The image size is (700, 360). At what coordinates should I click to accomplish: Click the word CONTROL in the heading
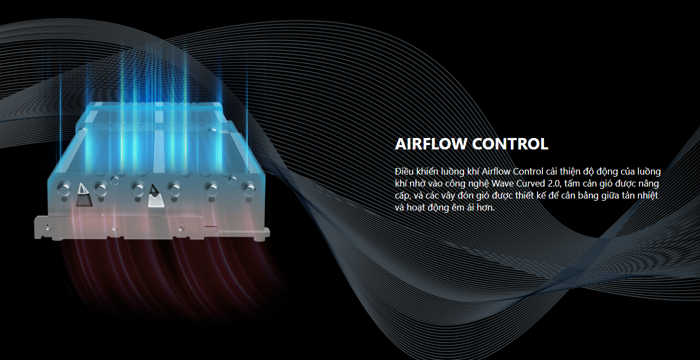coord(510,144)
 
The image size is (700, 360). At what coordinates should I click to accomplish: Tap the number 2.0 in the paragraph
coord(553,183)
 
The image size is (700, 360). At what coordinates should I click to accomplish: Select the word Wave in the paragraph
coord(503,183)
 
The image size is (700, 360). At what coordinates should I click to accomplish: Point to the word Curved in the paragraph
coord(530,183)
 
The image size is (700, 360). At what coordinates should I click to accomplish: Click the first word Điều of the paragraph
coord(405,171)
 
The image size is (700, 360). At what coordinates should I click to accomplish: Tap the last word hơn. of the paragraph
coord(486,207)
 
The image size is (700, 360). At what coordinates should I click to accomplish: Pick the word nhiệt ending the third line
coord(648,195)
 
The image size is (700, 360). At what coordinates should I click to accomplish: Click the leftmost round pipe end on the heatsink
coord(64,189)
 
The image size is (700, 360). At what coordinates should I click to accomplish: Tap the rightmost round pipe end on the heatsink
coord(249,189)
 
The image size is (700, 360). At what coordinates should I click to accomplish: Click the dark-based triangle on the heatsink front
coord(84,195)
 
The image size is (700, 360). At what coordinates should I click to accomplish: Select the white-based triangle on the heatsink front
coord(155,196)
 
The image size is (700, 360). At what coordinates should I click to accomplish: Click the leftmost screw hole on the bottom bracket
coord(48,227)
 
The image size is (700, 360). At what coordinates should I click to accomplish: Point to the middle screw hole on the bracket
coord(114,228)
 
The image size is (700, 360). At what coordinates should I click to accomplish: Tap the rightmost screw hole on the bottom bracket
coord(180,229)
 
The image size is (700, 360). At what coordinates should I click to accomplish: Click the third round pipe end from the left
coord(137,189)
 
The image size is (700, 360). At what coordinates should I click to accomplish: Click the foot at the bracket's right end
coord(262,234)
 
